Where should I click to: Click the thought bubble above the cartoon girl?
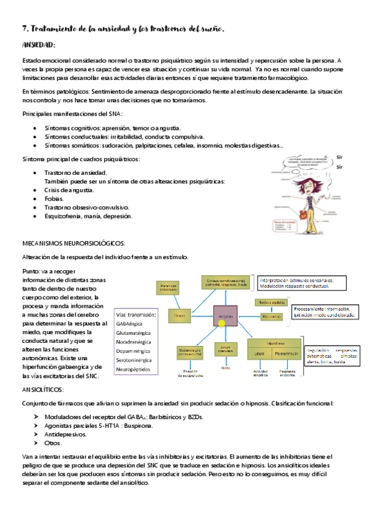click(301, 162)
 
